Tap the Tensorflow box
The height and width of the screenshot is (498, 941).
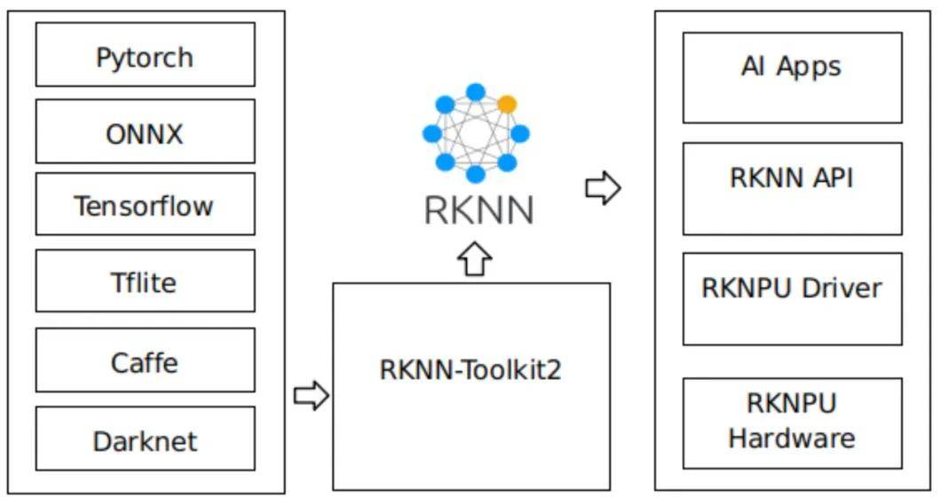(x=145, y=204)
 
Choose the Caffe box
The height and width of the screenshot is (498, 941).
(x=145, y=360)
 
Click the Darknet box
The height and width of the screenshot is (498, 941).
(x=145, y=439)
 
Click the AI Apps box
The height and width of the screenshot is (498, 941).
(x=792, y=77)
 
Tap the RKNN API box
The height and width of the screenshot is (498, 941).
(x=792, y=188)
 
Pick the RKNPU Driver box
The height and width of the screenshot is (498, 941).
(x=792, y=298)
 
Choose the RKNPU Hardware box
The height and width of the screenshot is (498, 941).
(x=792, y=423)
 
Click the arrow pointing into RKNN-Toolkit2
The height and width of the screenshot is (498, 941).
(x=311, y=395)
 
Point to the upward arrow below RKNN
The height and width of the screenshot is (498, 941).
(x=475, y=258)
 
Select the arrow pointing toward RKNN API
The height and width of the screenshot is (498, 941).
(x=603, y=188)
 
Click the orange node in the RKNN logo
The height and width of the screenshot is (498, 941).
(x=507, y=105)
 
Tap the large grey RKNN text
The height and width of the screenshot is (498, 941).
(x=478, y=210)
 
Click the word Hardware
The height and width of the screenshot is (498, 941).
(x=792, y=438)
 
